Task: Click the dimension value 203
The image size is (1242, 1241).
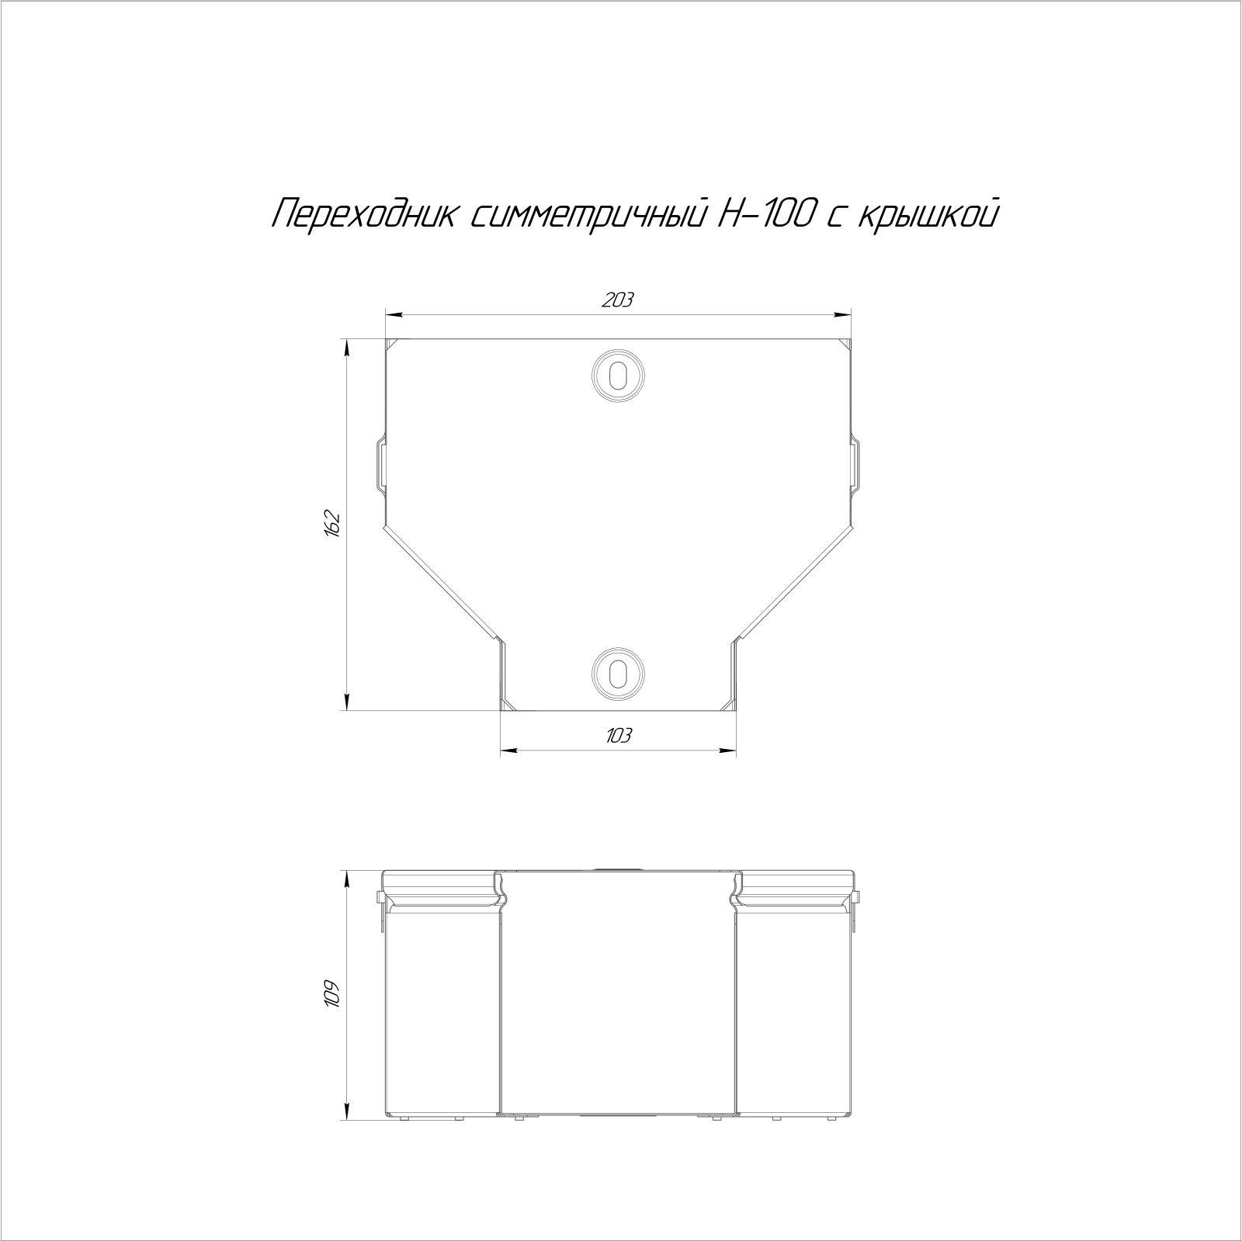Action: click(618, 300)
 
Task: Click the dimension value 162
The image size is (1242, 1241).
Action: click(333, 524)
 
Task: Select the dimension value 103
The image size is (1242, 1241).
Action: click(618, 735)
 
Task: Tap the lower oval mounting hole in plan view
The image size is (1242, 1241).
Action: click(618, 672)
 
